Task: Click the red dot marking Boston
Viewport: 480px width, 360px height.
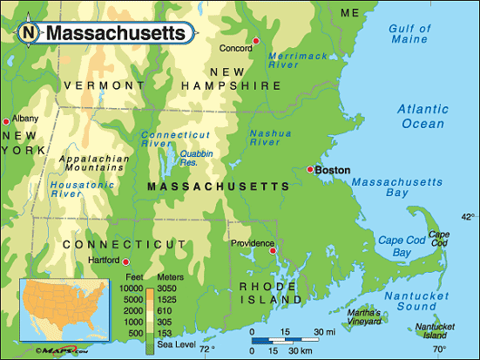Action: point(309,169)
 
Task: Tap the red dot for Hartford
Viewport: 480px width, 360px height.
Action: point(126,262)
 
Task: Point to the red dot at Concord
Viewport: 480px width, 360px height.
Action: point(256,41)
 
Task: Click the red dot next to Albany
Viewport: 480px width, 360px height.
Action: point(6,120)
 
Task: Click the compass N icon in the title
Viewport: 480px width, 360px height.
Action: point(30,33)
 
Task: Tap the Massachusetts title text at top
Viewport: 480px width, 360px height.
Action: point(115,33)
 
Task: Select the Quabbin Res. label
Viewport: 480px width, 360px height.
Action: point(195,158)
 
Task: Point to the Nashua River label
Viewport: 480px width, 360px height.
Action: point(270,139)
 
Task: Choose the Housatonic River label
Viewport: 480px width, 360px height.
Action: point(78,188)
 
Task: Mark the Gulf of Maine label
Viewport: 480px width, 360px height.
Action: point(409,34)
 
